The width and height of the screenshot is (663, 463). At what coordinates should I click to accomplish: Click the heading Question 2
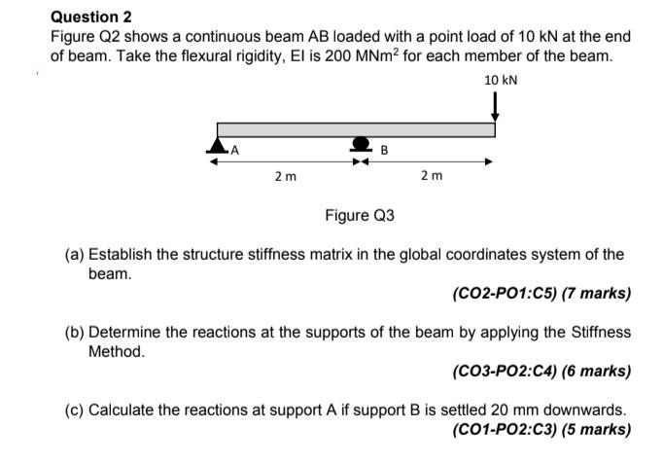[x=90, y=17]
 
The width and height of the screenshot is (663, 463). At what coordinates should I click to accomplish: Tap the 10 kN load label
[x=500, y=79]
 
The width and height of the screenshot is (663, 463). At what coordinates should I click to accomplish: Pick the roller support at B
[x=361, y=146]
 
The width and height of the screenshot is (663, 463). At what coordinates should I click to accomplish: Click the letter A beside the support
[x=234, y=150]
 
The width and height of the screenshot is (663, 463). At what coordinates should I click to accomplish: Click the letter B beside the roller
[x=384, y=150]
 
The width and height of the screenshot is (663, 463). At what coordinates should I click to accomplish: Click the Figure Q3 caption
[x=360, y=215]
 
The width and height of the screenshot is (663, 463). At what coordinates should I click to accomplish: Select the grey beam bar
[x=356, y=129]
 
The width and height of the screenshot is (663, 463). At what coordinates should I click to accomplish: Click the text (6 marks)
[x=597, y=371]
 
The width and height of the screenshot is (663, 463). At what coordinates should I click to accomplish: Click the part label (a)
[x=74, y=256]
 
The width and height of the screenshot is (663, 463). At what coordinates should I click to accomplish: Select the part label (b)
[x=74, y=333]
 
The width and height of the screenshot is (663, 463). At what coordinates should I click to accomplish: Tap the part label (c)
[x=74, y=410]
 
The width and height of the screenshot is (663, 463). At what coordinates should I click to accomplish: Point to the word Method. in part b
[x=117, y=351]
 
